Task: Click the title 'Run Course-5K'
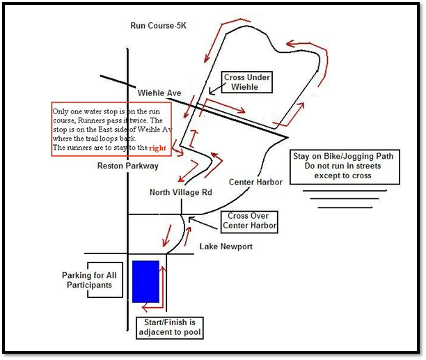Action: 159,26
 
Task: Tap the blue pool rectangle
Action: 146,281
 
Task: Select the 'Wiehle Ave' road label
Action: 159,93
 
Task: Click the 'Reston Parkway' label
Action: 128,166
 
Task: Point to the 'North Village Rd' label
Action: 181,192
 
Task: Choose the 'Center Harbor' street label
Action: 256,182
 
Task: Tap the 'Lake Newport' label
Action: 226,246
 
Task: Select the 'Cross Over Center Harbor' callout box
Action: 248,221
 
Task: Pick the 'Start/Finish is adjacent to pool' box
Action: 170,327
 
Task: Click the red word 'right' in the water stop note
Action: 158,148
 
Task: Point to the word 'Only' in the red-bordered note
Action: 61,111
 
